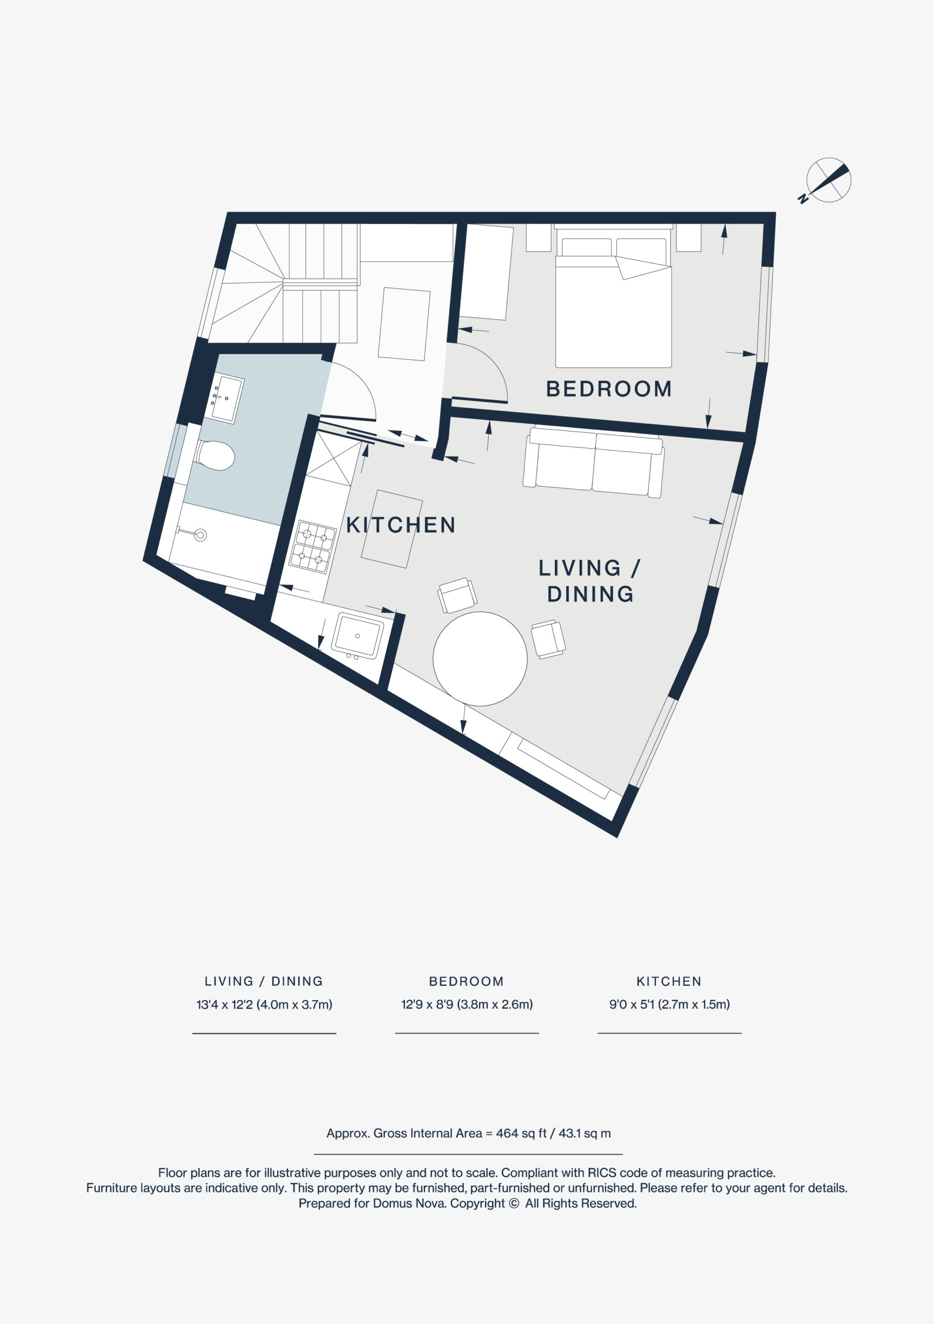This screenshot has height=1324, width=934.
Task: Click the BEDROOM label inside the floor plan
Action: (x=609, y=389)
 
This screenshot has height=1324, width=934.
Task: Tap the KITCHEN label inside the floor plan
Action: (x=401, y=525)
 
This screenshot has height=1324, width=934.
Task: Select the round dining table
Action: (x=480, y=658)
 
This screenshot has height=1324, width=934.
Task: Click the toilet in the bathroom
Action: (x=215, y=456)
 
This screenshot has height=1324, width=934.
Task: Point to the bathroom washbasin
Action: (x=224, y=398)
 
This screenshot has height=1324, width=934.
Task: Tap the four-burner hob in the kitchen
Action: (x=312, y=547)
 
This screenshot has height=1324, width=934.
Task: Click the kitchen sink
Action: (x=357, y=636)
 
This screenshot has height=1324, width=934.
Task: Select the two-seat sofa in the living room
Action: (x=594, y=461)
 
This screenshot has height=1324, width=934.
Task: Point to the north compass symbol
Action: (x=827, y=180)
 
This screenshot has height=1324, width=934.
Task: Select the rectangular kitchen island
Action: (x=392, y=529)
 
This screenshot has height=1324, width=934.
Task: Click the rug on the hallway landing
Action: (x=404, y=324)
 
